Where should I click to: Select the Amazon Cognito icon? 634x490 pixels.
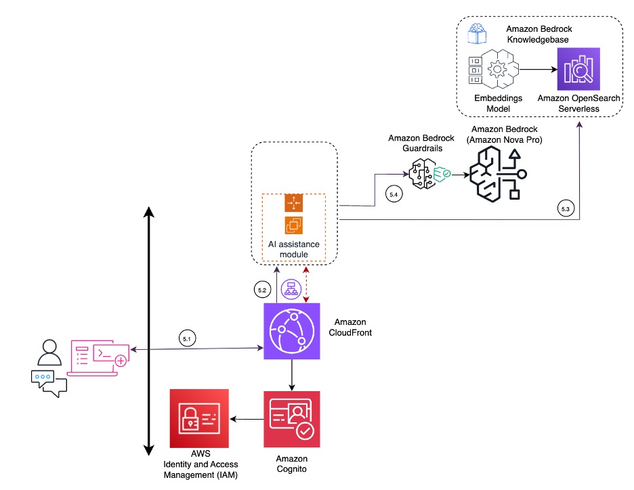pyautogui.click(x=291, y=419)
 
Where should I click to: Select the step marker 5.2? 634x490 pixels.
pyautogui.click(x=262, y=290)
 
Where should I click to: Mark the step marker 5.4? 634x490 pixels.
pyautogui.click(x=394, y=194)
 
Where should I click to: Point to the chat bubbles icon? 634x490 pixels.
pyautogui.click(x=49, y=383)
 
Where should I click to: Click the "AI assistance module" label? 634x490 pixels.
pyautogui.click(x=295, y=249)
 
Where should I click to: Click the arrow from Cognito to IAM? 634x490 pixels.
pyautogui.click(x=247, y=420)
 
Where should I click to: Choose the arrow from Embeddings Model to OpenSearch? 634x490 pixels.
pyautogui.click(x=537, y=69)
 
